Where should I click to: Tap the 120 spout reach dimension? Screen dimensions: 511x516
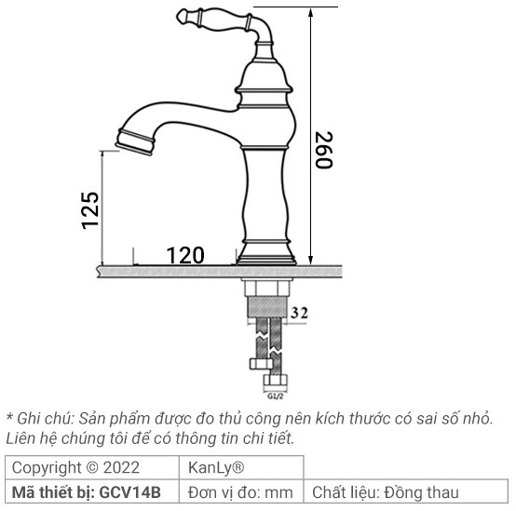coord(185,254)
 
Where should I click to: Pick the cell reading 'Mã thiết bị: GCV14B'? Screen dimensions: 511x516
coord(87,491)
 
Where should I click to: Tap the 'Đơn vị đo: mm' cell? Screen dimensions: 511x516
coord(239,491)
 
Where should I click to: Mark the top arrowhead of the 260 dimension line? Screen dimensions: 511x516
coord(310,11)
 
